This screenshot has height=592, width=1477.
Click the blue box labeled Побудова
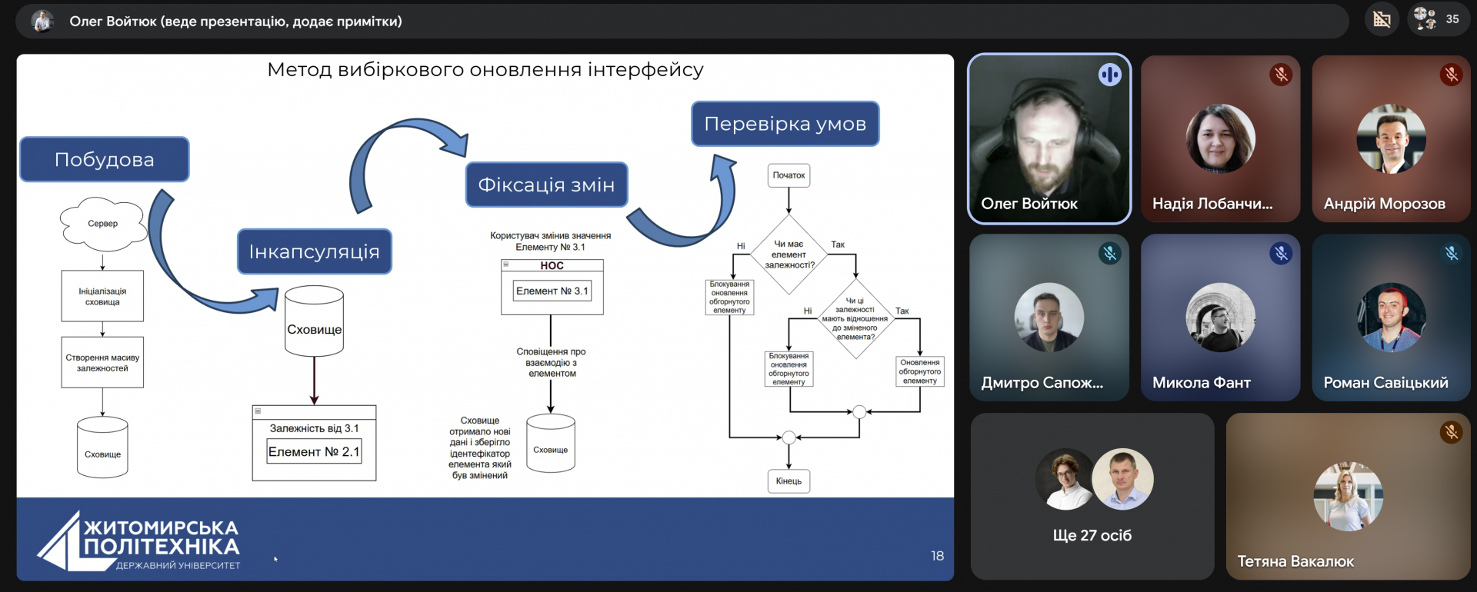tap(105, 159)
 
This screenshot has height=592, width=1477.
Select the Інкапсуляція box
tap(315, 251)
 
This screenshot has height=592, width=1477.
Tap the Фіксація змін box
tap(546, 185)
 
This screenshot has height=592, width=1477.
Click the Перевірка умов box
tap(785, 124)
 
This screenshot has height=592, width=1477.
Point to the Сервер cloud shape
tap(103, 224)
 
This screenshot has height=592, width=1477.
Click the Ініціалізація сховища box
tap(102, 296)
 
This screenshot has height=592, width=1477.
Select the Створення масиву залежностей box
tap(102, 362)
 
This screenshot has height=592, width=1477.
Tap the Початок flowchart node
tap(789, 175)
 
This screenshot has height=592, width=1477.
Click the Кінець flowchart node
tap(789, 481)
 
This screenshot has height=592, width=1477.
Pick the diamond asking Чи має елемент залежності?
tap(789, 254)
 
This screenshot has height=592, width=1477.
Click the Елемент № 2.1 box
tap(314, 452)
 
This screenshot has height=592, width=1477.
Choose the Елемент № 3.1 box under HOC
tap(552, 291)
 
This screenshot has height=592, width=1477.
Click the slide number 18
tap(937, 556)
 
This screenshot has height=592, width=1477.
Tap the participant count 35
tap(1452, 19)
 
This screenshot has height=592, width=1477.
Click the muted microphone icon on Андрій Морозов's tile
tap(1451, 75)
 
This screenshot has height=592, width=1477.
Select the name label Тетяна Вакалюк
tap(1295, 561)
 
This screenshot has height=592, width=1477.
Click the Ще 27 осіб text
tap(1092, 535)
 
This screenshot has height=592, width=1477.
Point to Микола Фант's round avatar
tap(1221, 318)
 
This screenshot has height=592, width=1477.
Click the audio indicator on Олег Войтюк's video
tap(1109, 75)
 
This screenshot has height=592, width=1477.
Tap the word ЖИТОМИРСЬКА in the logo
tap(162, 528)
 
